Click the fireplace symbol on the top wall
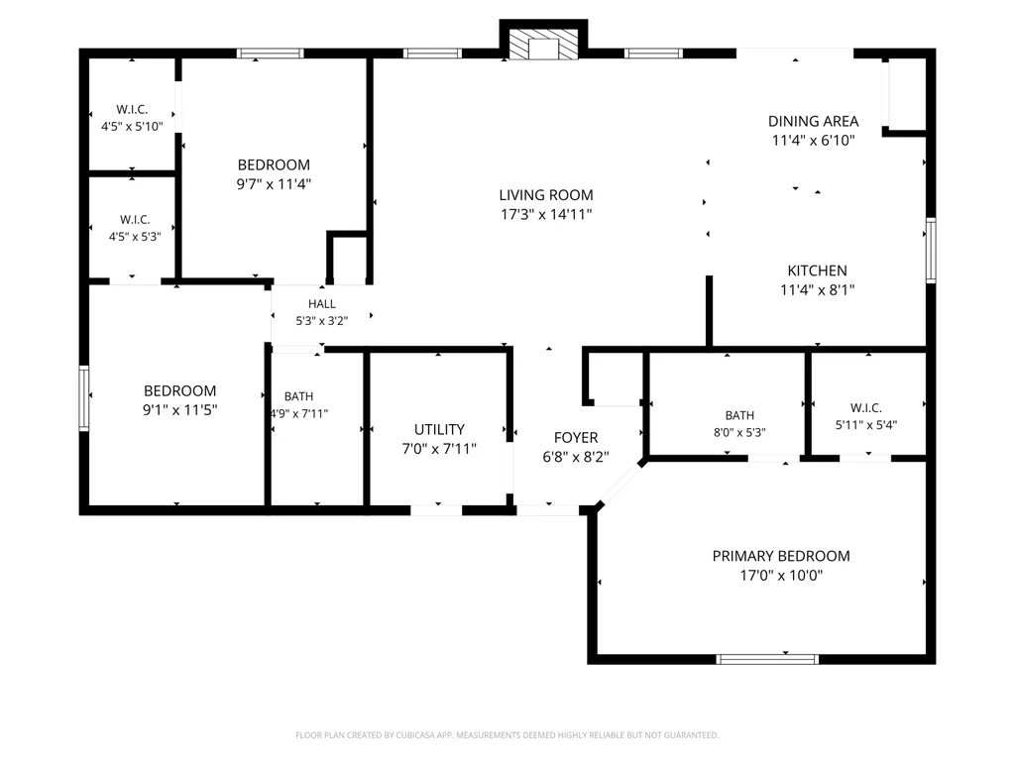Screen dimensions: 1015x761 coord(542,44)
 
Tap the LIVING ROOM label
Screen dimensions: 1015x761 coord(546,195)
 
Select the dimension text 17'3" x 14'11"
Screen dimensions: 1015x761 coord(546,214)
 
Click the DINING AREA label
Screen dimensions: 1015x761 coord(813,121)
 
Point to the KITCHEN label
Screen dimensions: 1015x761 coord(817,271)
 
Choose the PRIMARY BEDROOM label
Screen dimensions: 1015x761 coord(781,556)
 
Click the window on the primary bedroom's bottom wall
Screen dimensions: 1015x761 coord(767,659)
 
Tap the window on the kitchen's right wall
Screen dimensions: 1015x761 coord(931,251)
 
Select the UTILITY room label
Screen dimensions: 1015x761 coord(439,430)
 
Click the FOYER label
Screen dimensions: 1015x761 coord(576,437)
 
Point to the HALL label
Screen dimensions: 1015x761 coord(322,304)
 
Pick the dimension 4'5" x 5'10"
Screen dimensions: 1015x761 coord(132,126)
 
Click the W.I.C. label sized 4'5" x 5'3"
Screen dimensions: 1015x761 coord(135,220)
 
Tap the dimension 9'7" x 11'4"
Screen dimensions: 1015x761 coord(274,183)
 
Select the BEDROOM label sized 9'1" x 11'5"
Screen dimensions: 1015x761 coord(180,390)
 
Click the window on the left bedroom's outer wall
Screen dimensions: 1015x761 coord(84,398)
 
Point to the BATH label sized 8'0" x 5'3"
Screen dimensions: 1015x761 coord(739,415)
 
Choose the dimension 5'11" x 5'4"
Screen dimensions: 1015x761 coord(866,425)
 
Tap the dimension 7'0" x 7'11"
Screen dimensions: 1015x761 coord(439,449)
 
